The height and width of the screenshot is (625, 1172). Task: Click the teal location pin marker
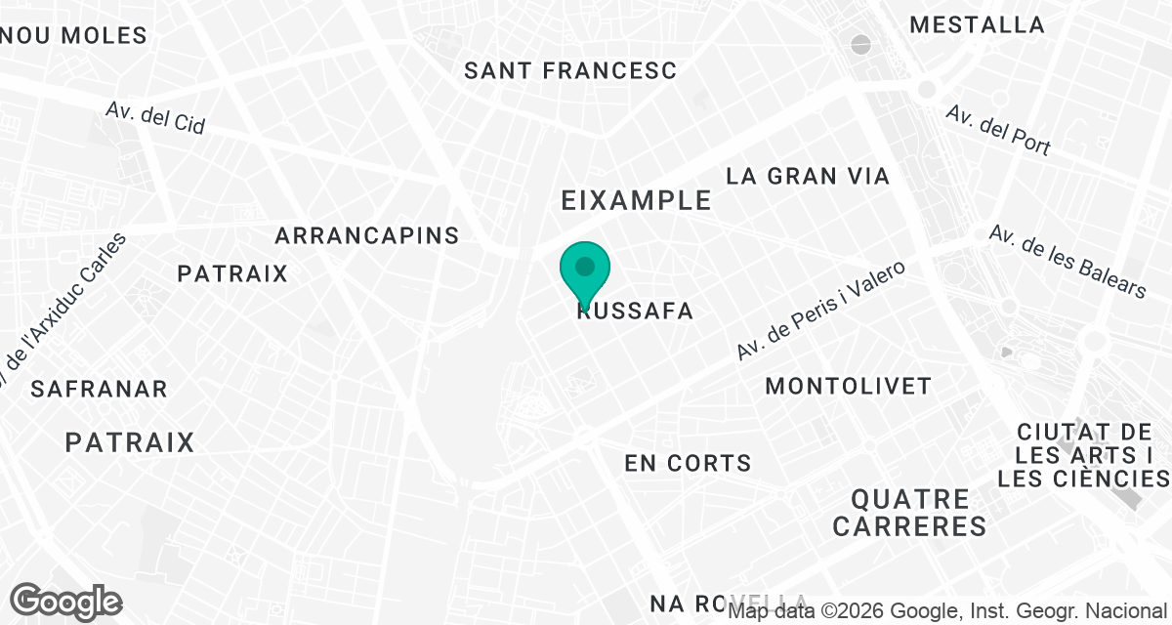click(x=585, y=271)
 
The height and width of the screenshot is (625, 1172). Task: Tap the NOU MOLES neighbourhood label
click(x=75, y=36)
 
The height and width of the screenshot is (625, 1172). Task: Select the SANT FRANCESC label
click(x=570, y=70)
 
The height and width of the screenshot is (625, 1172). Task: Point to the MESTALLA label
click(x=977, y=25)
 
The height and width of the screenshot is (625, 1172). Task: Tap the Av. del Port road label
click(x=998, y=130)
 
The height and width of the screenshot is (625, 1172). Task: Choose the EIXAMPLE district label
click(x=636, y=200)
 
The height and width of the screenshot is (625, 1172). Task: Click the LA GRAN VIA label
click(x=809, y=176)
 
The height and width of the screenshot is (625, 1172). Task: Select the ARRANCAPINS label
click(x=367, y=235)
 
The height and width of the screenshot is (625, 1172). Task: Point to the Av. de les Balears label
click(x=1067, y=261)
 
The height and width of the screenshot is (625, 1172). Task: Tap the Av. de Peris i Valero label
click(x=821, y=309)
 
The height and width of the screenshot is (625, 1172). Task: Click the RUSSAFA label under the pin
click(x=636, y=312)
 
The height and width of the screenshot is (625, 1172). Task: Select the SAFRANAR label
click(x=100, y=389)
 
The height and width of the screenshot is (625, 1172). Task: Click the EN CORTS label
click(x=689, y=463)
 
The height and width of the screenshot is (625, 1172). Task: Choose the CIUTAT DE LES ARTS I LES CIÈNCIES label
click(x=1083, y=455)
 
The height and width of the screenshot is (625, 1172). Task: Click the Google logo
click(x=66, y=600)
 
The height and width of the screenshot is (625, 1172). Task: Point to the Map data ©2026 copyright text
click(x=947, y=611)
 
